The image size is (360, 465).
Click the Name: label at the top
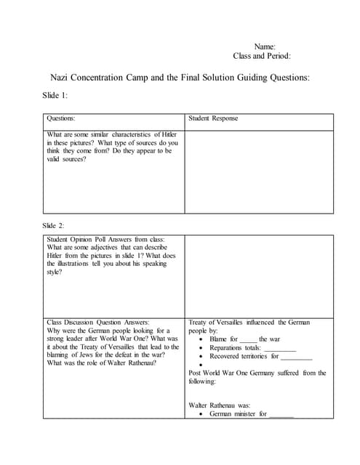[265, 46]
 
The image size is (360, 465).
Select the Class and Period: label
[262, 56]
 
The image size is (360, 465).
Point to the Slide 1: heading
[56, 96]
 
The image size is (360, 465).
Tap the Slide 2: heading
[56, 226]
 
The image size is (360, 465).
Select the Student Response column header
[213, 118]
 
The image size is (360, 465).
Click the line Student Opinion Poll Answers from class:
[105, 238]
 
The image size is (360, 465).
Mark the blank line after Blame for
[248, 340]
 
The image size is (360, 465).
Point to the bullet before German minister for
[201, 414]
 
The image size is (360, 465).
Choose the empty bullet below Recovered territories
[201, 365]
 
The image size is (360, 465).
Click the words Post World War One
[217, 373]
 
